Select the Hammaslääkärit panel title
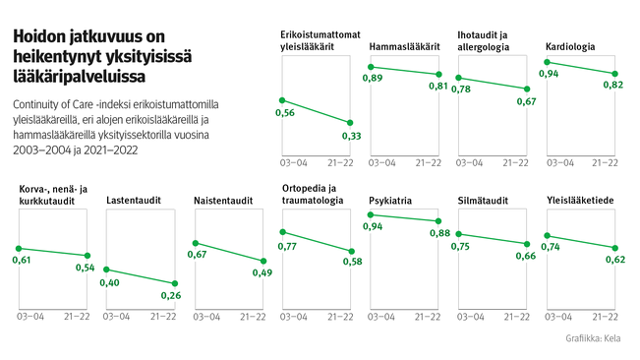pyautogui.click(x=404, y=47)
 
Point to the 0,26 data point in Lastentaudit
pyautogui.click(x=176, y=283)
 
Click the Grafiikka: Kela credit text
pyautogui.click(x=599, y=338)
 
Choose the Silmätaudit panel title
pyautogui.click(x=483, y=201)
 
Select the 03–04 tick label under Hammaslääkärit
pyautogui.click(x=381, y=161)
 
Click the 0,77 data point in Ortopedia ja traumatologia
pyautogui.click(x=282, y=232)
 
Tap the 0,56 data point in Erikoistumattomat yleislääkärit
pyautogui.click(x=282, y=99)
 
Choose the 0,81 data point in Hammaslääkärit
pyautogui.click(x=438, y=74)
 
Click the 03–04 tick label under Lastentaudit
pyautogui.click(x=118, y=317)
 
